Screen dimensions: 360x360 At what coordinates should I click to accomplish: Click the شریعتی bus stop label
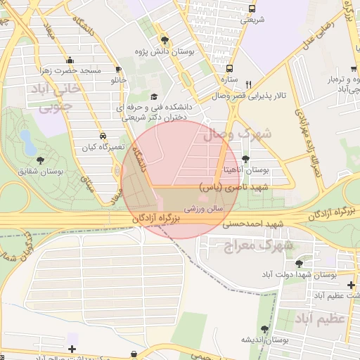coord(252,20)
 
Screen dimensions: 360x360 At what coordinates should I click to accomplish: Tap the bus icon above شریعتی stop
coord(252,8)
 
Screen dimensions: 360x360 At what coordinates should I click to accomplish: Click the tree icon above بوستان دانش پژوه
coord(165,40)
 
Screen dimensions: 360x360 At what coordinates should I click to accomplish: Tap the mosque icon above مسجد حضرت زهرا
coord(69,60)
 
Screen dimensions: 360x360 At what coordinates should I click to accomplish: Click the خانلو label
coord(117,80)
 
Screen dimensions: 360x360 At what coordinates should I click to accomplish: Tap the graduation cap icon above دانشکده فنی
coord(155,97)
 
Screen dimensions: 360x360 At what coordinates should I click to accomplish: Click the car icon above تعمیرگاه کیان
coord(103,136)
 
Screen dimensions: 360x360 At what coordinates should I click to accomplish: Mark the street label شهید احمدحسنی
coord(251,224)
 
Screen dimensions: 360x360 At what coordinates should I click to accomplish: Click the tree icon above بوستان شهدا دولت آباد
coord(300,264)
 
